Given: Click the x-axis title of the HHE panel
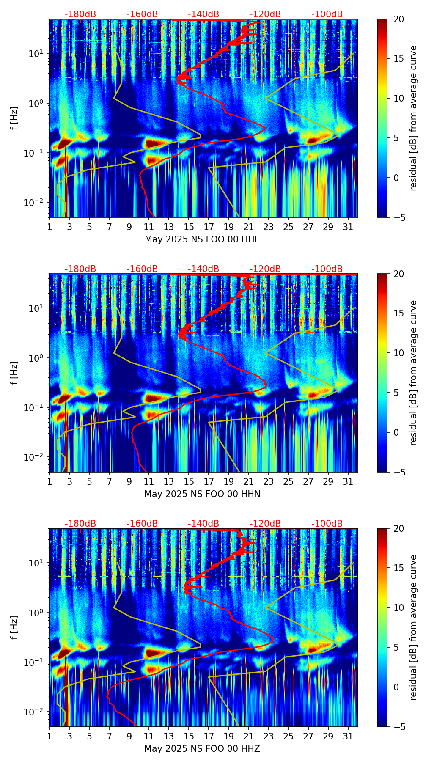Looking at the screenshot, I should [x=202, y=239].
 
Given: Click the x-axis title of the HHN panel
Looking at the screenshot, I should [x=202, y=494].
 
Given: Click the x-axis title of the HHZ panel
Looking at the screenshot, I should [x=202, y=749].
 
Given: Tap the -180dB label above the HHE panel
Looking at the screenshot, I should [x=80, y=14].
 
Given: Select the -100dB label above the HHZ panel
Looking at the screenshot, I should [x=327, y=524].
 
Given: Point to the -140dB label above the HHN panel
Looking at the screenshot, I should [x=203, y=269].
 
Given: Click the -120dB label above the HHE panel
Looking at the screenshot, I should [x=265, y=14].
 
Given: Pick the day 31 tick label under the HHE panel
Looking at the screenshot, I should [x=348, y=227].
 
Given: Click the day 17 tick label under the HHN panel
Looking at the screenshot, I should [x=209, y=482].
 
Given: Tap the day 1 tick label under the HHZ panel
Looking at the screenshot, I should [x=49, y=737].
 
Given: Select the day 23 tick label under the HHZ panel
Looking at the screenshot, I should [x=268, y=737].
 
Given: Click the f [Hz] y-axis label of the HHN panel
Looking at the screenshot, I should [x=14, y=373].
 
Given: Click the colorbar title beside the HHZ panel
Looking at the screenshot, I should [x=413, y=627].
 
